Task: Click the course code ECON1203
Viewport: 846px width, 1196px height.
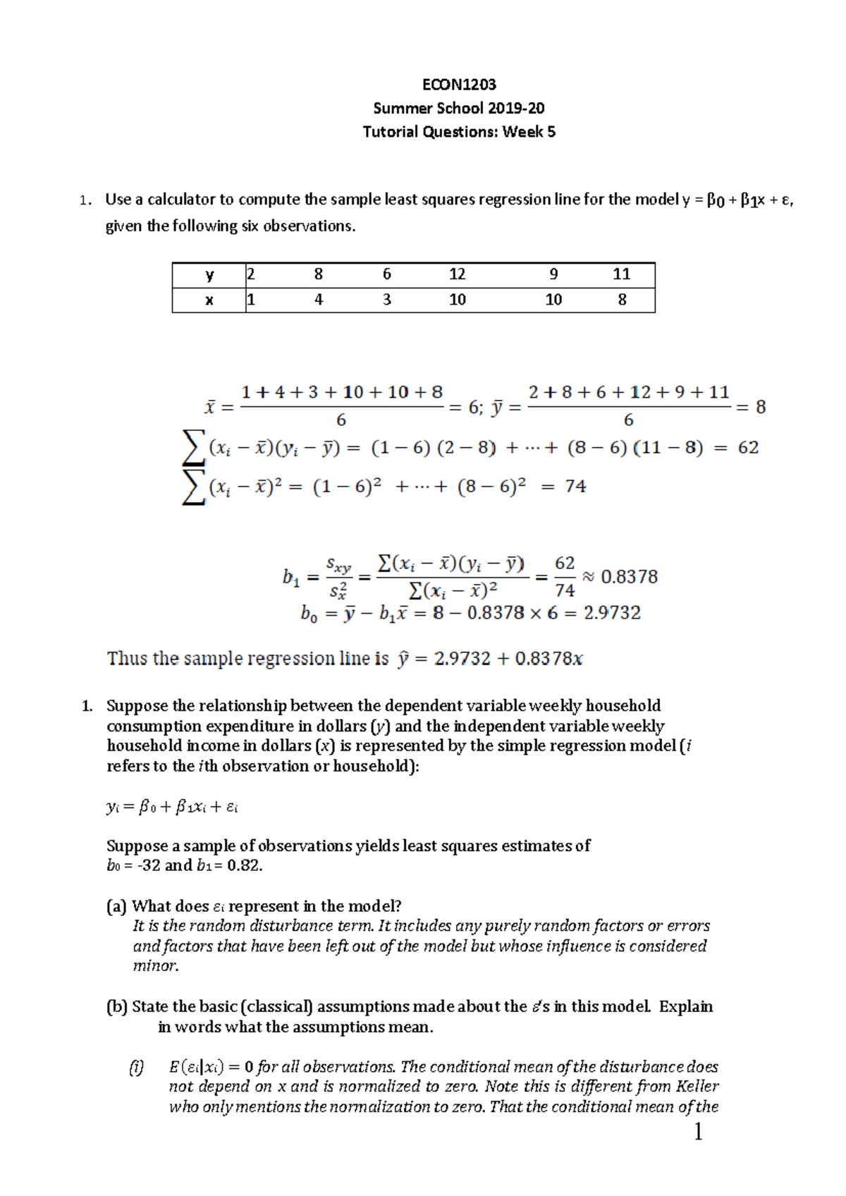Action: click(x=459, y=85)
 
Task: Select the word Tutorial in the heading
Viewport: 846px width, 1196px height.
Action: click(x=387, y=132)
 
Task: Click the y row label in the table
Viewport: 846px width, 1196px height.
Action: click(x=209, y=275)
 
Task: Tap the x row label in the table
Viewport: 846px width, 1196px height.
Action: click(x=209, y=300)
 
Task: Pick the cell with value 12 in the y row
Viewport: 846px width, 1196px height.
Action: click(x=457, y=274)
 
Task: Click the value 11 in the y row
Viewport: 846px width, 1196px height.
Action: click(x=621, y=274)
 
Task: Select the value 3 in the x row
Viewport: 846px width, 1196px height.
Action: click(x=386, y=300)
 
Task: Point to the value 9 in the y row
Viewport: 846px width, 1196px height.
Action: click(x=553, y=274)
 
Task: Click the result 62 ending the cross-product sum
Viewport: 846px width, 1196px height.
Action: click(x=748, y=448)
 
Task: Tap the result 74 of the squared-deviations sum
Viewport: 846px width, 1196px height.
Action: click(x=575, y=486)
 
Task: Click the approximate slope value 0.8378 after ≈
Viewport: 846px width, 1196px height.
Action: click(x=629, y=577)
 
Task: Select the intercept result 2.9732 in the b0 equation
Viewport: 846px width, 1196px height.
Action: click(x=612, y=613)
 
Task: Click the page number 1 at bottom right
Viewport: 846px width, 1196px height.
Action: click(x=698, y=1133)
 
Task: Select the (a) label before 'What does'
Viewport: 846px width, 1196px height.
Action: click(x=116, y=906)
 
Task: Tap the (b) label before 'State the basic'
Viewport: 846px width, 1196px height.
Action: click(x=117, y=1006)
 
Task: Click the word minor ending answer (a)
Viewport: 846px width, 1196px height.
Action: click(x=155, y=966)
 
